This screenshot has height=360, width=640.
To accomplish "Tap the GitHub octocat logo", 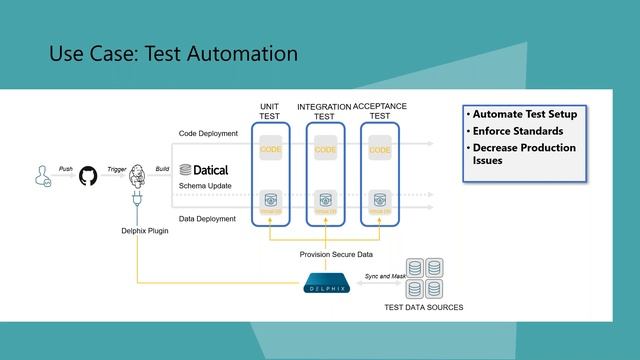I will (x=87, y=174).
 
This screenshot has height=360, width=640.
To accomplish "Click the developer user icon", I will (x=41, y=175).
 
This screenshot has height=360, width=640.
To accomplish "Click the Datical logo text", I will (x=205, y=170).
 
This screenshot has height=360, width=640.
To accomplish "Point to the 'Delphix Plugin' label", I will (x=132, y=230).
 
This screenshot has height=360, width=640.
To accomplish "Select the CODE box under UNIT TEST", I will (x=270, y=150).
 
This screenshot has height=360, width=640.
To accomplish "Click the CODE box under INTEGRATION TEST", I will (x=325, y=150).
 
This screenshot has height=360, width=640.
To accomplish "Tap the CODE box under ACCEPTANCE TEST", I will (x=380, y=150).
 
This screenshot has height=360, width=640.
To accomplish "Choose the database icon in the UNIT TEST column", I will (x=270, y=200).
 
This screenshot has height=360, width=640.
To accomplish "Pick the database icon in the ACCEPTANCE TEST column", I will (x=380, y=200).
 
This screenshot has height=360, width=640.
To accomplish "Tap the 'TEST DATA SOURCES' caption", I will (x=423, y=307).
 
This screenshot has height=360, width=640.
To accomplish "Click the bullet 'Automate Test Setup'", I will (x=524, y=114).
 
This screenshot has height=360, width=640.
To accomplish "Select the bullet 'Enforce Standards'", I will (x=517, y=131).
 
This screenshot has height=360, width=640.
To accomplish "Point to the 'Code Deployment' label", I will (x=208, y=132).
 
